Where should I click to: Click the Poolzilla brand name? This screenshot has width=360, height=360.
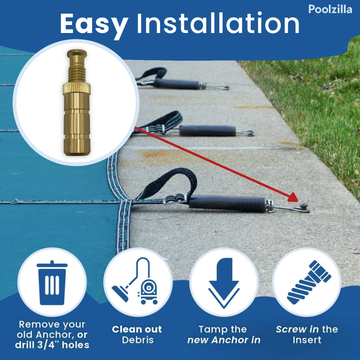click(330, 9)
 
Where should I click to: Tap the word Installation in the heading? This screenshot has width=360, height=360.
click(218, 24)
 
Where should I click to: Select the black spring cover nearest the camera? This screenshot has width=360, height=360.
click(227, 203)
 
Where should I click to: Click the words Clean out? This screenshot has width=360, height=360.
click(137, 329)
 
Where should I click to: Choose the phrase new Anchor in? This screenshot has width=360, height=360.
click(224, 340)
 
